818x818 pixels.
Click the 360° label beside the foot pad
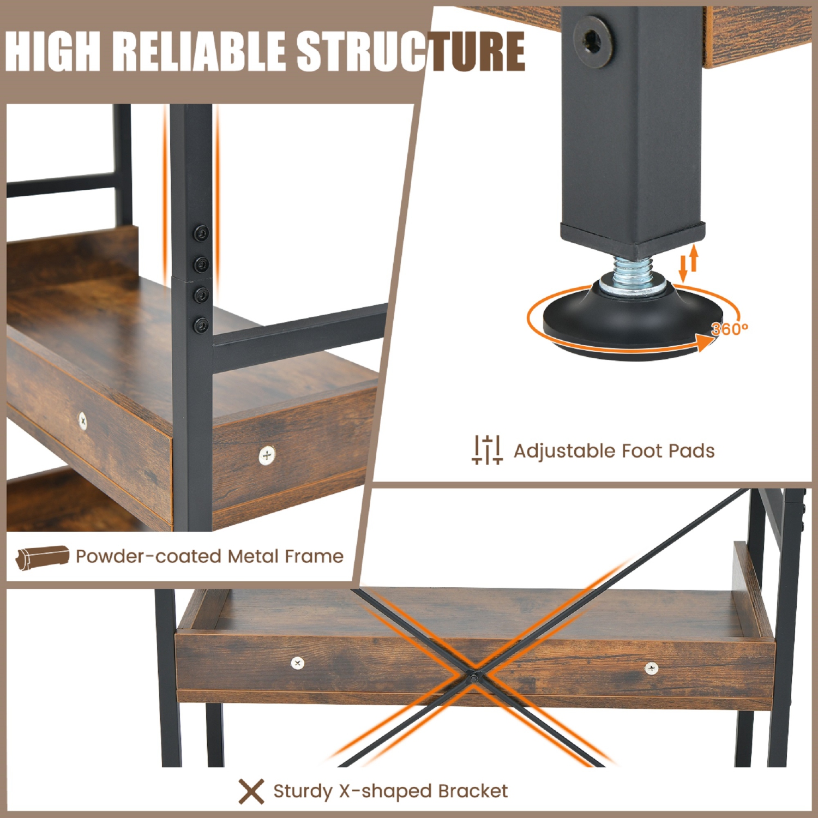[x=729, y=329]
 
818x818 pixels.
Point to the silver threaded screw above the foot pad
[x=633, y=271]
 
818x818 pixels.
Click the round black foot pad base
[x=633, y=322]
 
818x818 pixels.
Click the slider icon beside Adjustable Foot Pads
[x=486, y=450]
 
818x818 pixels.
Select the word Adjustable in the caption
[x=564, y=451]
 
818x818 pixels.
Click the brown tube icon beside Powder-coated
[x=43, y=557]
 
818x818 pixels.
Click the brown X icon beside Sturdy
[x=251, y=791]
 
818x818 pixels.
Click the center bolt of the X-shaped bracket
[x=473, y=678]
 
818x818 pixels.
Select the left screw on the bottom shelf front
[x=297, y=663]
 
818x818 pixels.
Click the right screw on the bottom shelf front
[x=651, y=667]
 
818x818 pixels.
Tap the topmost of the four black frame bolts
[x=201, y=233]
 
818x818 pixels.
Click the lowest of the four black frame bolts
[x=201, y=326]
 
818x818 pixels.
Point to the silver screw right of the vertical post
[x=267, y=455]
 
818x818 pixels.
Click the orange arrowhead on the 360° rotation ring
[x=706, y=341]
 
